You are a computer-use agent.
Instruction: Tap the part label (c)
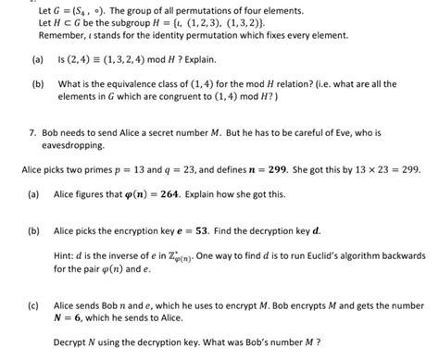(33, 304)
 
